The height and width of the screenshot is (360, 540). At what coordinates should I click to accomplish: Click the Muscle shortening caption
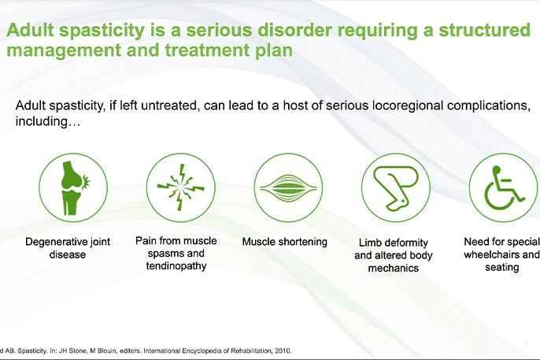click(284, 242)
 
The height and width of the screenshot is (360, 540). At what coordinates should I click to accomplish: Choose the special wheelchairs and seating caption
click(501, 254)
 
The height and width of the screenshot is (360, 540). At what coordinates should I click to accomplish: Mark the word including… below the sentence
click(46, 123)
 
